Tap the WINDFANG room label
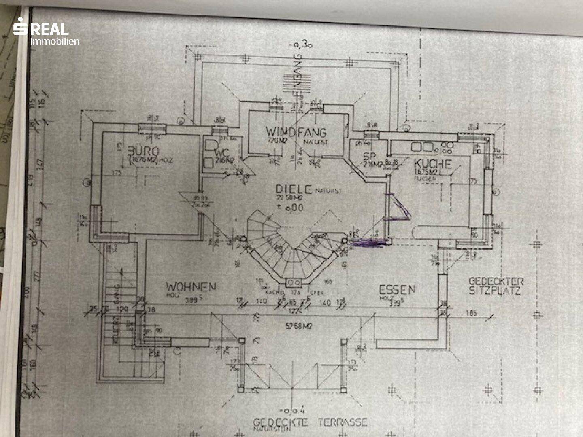(296, 132)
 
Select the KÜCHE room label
(432, 164)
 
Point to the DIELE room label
(294, 189)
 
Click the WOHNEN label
(191, 287)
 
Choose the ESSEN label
(397, 290)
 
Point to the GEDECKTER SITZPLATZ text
(496, 286)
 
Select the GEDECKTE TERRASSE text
(310, 422)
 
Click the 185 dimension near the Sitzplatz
(471, 313)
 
